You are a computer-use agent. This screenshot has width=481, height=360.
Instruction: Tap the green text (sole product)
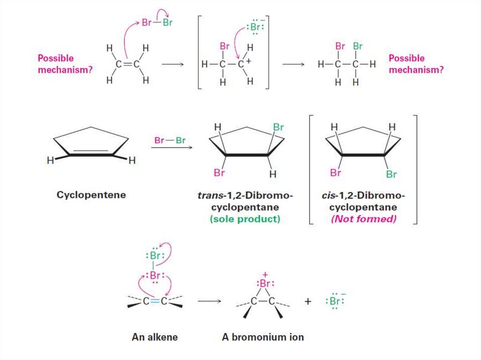[245, 219]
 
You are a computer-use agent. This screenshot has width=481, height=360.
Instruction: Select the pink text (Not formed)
[364, 219]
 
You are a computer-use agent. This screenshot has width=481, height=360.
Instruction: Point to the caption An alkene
[155, 337]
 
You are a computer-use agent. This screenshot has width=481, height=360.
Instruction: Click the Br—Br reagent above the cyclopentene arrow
[170, 140]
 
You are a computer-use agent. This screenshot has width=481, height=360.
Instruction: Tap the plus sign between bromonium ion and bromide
[308, 301]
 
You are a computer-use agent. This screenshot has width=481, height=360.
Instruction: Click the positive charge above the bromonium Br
[265, 274]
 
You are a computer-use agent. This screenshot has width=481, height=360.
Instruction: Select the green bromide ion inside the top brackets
[255, 27]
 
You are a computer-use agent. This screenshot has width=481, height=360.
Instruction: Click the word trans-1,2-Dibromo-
[245, 195]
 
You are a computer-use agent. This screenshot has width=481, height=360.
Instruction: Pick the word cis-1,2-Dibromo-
[364, 195]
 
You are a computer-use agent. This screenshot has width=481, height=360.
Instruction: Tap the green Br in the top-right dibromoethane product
[358, 46]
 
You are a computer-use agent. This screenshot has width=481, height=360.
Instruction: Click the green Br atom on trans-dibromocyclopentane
[279, 127]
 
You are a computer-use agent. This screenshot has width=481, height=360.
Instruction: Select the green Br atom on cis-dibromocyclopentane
[391, 175]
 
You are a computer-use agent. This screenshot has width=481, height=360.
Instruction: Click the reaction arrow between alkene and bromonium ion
[209, 301]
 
